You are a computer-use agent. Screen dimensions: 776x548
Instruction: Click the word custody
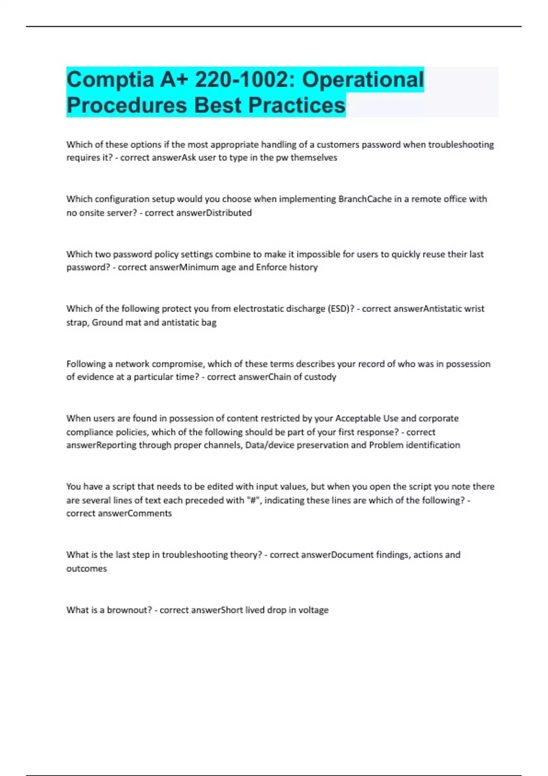[x=321, y=377]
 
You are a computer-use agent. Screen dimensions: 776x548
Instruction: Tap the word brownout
[x=129, y=610]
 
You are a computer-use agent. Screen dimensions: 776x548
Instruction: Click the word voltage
[x=313, y=610]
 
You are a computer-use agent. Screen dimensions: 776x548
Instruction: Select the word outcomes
[x=86, y=569]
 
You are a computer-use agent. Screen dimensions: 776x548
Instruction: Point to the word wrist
[x=474, y=309]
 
